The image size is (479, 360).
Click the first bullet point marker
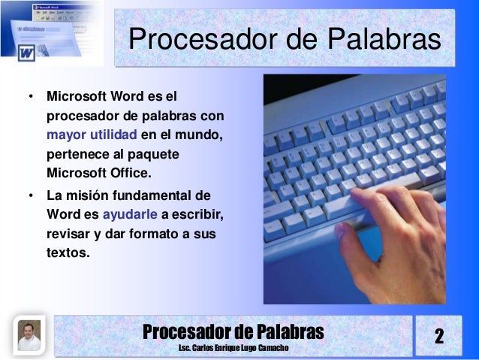pos(31,98)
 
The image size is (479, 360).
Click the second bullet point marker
pos(31,195)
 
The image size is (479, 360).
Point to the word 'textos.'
pos(68,253)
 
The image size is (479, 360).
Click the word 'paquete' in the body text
pos(148,156)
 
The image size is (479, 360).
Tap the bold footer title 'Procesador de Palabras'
pos(233,331)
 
